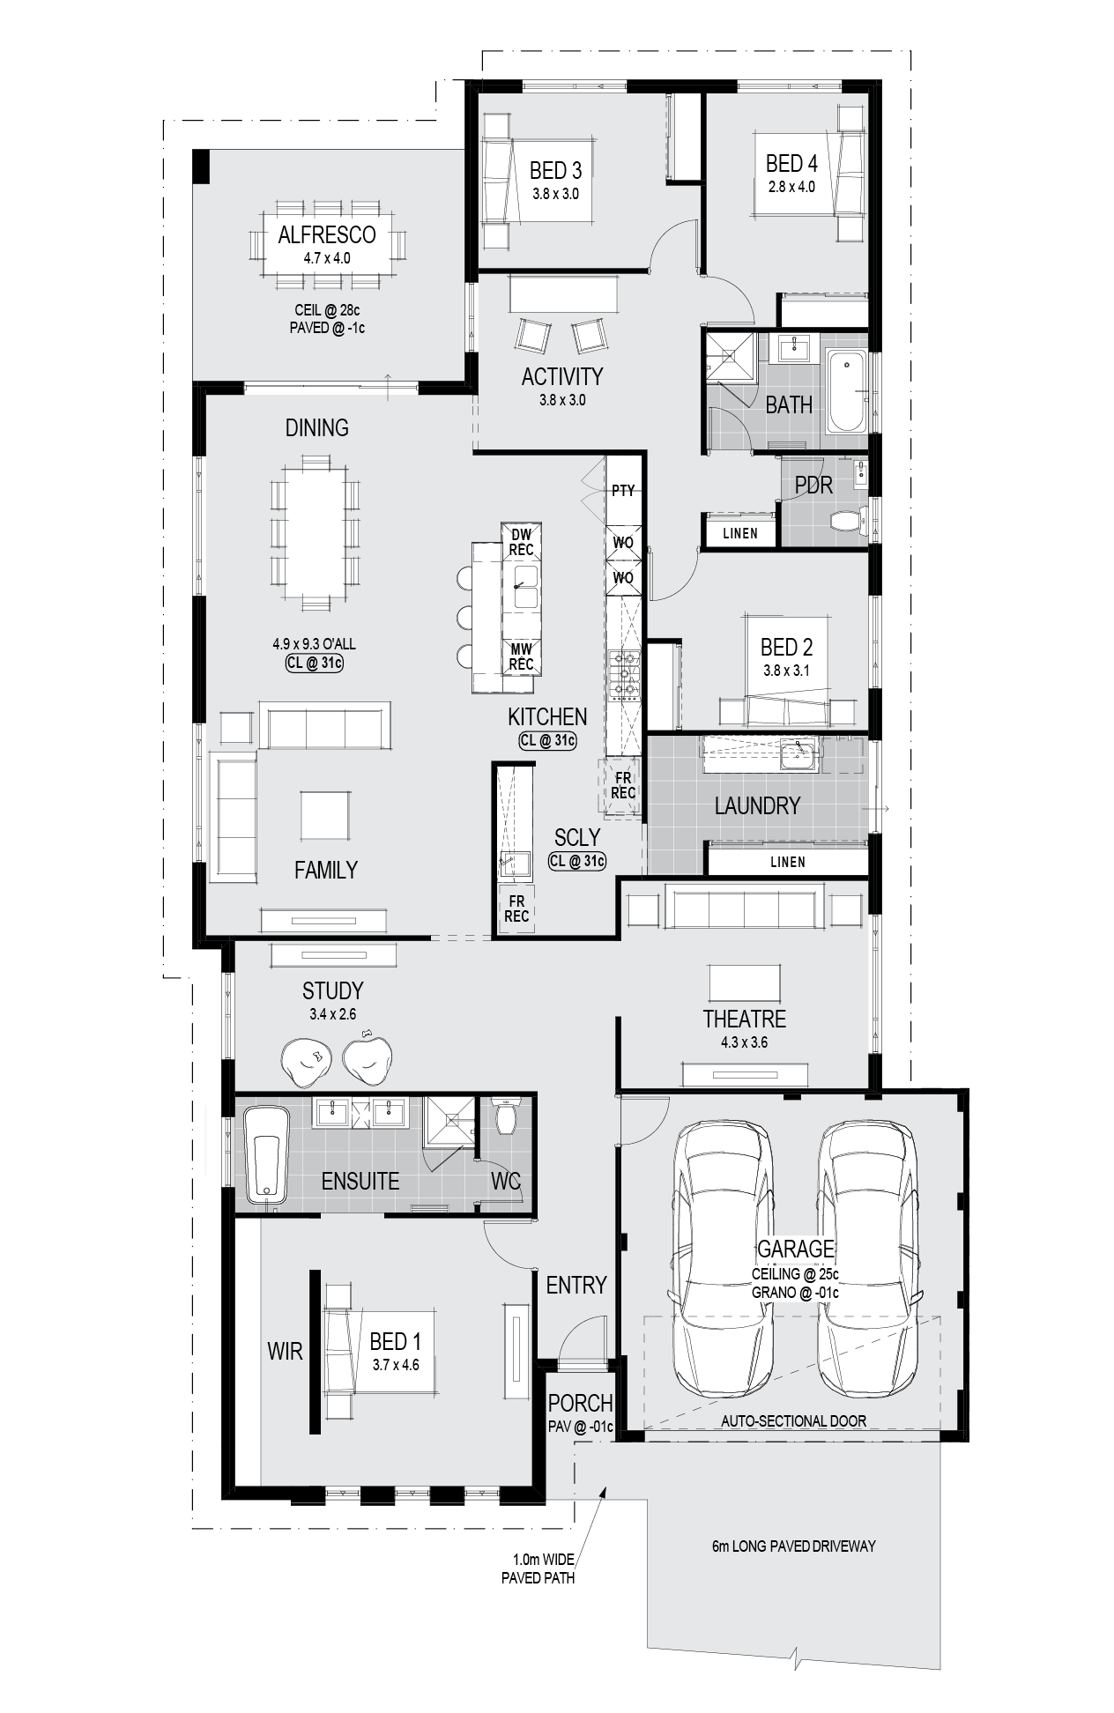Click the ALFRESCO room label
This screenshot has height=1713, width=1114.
point(327,234)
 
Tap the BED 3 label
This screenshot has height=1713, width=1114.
point(555,170)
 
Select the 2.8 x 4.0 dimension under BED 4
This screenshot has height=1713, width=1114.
point(791,187)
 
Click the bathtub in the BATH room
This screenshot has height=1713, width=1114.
point(847,391)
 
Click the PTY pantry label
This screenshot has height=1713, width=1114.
point(623,490)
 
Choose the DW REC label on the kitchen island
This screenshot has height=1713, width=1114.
point(521,542)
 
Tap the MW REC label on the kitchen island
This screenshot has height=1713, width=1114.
point(521,657)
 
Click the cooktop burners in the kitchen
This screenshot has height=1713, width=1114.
point(623,675)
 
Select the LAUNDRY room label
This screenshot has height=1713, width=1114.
point(757,805)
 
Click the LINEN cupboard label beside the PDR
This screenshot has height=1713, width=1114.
point(740,533)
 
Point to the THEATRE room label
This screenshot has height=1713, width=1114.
point(745,1019)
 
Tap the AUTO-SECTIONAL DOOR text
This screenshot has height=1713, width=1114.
point(793,1420)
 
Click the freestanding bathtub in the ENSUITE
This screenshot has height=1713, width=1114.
point(267,1154)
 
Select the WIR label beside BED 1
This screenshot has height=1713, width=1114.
point(285,1351)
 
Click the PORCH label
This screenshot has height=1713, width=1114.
point(580,1403)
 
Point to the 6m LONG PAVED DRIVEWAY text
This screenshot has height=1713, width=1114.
point(794,1546)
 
